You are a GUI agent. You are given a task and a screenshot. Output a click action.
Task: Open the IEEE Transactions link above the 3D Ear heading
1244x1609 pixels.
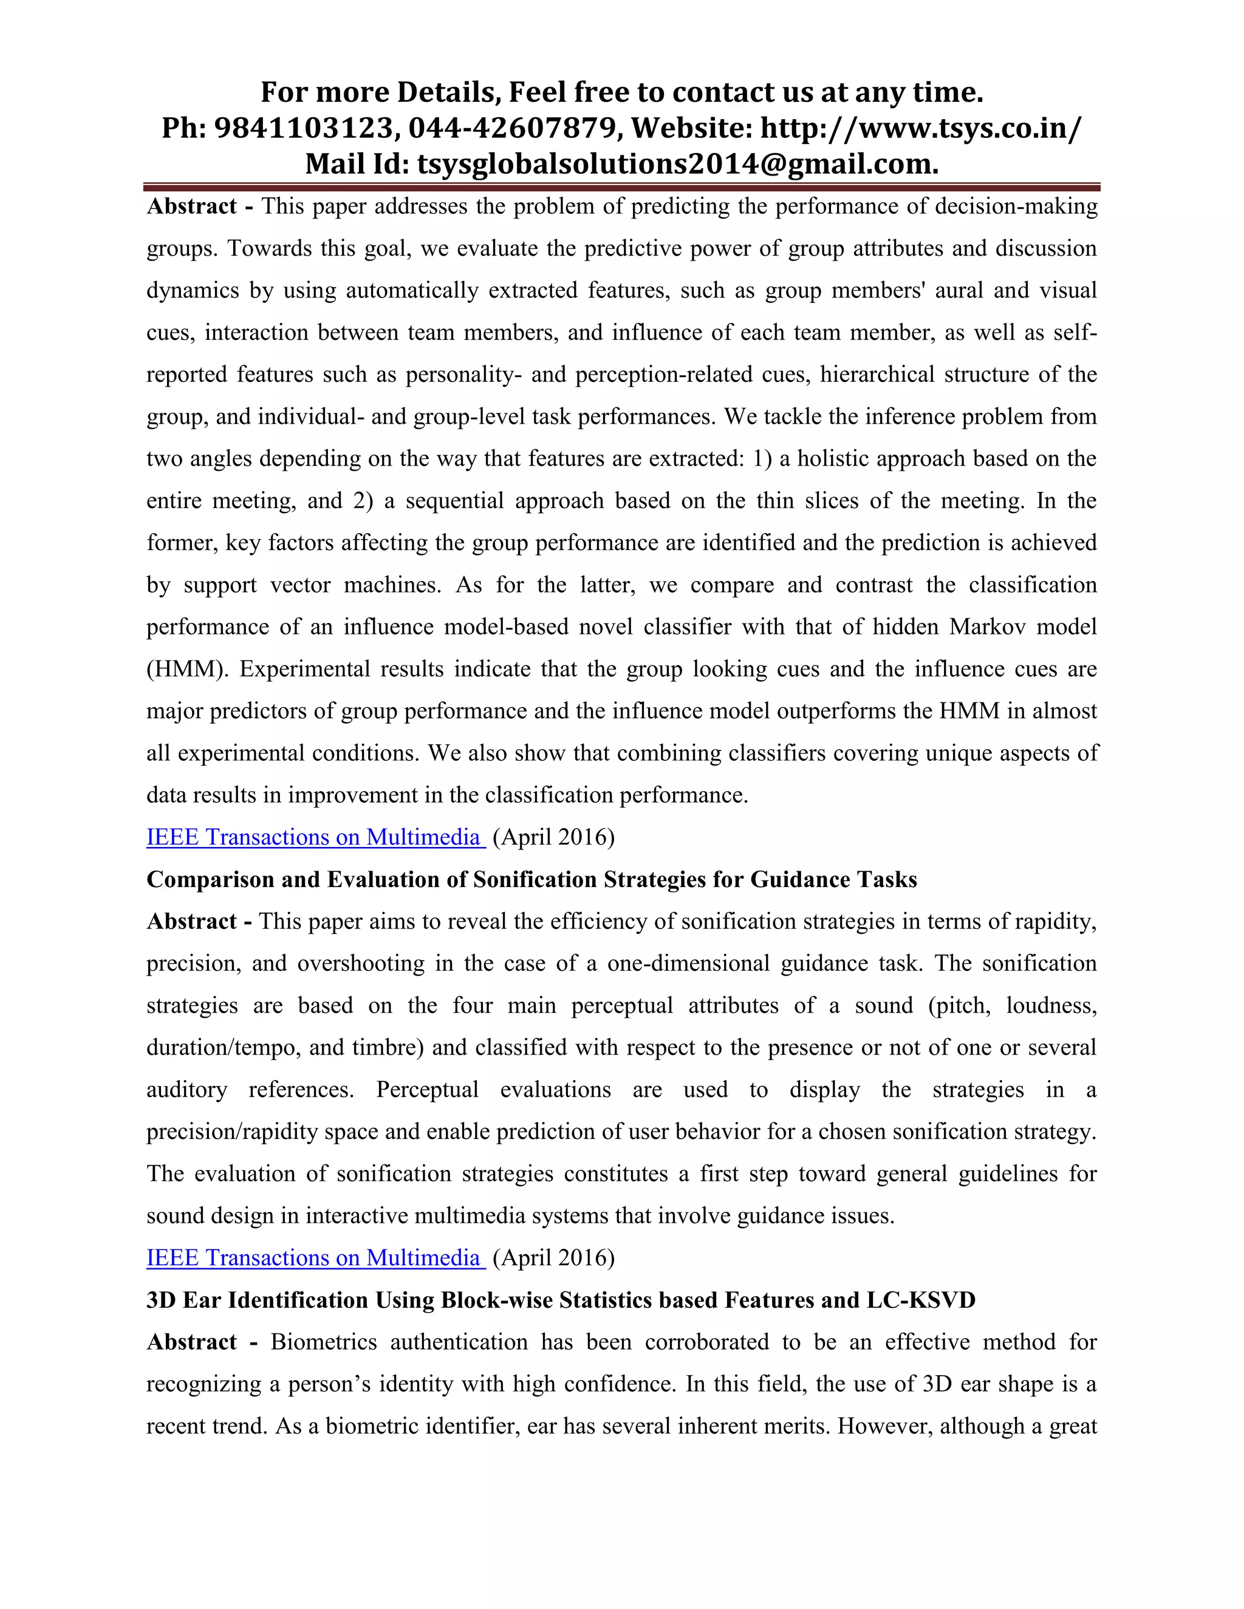pos(315,1257)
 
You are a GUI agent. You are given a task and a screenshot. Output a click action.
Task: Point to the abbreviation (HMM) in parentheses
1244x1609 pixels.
pos(186,669)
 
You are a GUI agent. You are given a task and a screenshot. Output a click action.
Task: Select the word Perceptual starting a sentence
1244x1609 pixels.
pos(428,1090)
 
